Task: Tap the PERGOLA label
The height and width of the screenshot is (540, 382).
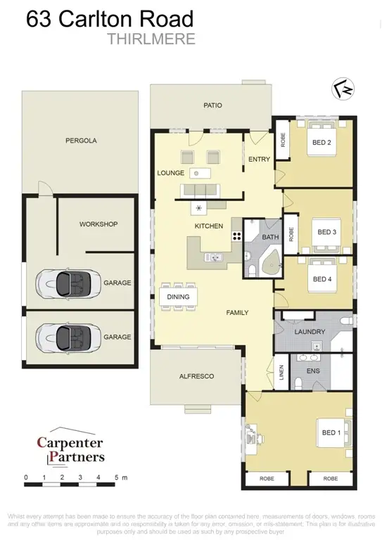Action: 81,141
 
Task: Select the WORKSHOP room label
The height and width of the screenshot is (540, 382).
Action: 98,224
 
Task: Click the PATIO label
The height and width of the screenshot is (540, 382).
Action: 213,105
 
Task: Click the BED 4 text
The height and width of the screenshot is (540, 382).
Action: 321,279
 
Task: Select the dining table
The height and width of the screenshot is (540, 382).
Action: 179,297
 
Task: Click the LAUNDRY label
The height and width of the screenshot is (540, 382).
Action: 310,331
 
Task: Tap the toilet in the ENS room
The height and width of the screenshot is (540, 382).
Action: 298,381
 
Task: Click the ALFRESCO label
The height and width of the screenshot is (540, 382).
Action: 197,376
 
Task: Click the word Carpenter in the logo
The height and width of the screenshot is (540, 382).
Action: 70,443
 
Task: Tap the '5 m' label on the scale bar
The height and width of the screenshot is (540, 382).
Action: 120,477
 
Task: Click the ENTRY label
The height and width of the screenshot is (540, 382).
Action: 259,159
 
